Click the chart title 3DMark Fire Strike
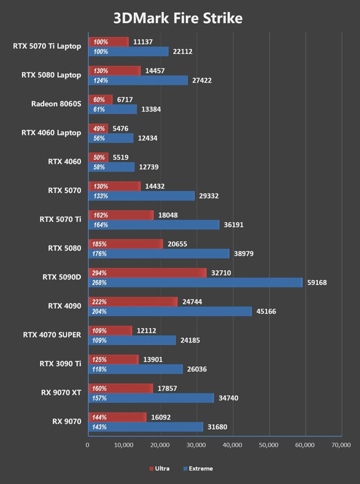178,18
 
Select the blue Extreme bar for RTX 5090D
195,283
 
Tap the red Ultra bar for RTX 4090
133,302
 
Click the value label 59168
317,283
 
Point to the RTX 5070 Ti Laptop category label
47,46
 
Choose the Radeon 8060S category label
56,104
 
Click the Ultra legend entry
159,468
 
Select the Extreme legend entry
199,468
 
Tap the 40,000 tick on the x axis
233,445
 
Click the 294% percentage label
100,273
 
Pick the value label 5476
119,128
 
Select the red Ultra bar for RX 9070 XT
120,388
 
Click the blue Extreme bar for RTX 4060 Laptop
111,138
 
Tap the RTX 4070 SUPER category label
52,335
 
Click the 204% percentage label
100,312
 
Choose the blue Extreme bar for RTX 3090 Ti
135,369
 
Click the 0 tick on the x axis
88,445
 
